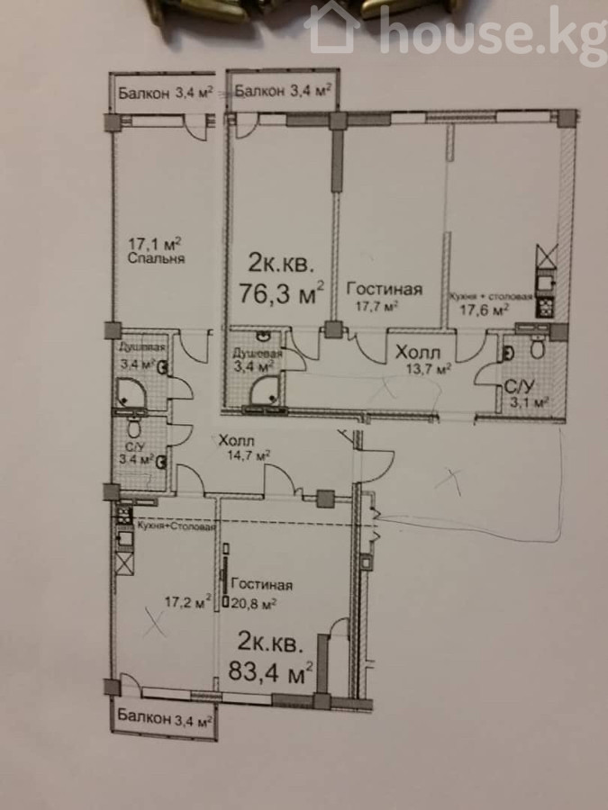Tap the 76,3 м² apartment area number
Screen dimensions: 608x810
click(282, 294)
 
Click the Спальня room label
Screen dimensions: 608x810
click(156, 259)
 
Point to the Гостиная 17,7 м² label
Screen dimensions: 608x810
click(384, 296)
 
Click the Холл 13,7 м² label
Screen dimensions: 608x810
click(423, 360)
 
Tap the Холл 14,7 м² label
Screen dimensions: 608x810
click(244, 448)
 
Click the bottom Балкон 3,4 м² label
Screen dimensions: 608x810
click(165, 716)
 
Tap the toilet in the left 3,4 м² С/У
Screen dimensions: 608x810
click(134, 427)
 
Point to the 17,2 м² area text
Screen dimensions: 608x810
click(187, 601)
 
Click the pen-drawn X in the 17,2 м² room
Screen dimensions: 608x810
click(156, 621)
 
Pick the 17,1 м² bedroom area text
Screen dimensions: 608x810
click(155, 243)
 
